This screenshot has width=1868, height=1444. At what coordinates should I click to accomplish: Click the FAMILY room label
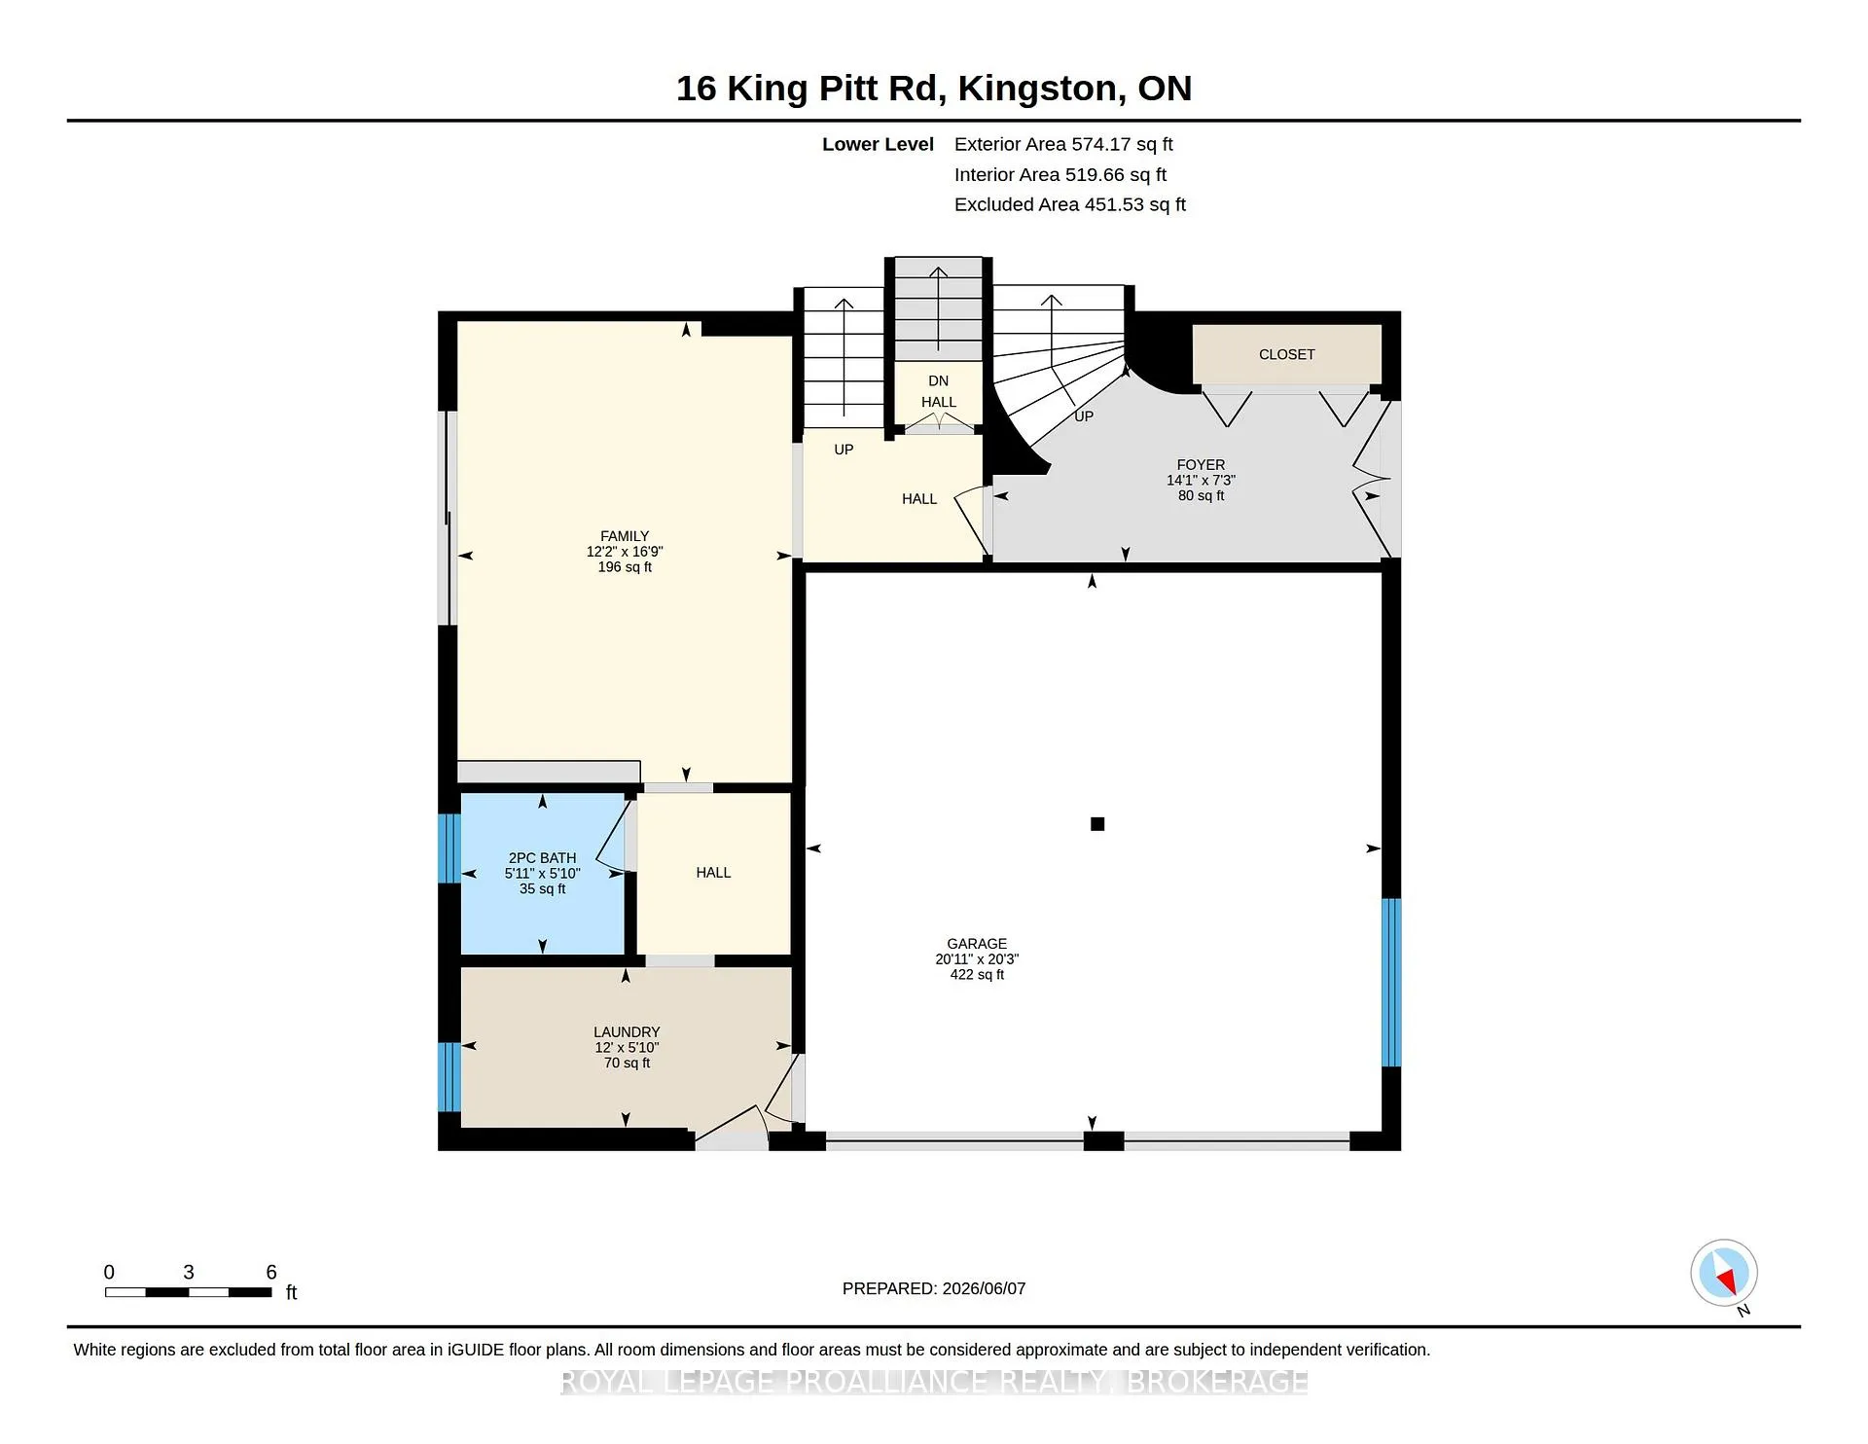(x=625, y=536)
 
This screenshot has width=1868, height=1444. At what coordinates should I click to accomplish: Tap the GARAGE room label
(x=977, y=944)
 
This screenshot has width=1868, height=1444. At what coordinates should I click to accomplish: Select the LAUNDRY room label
(x=627, y=1032)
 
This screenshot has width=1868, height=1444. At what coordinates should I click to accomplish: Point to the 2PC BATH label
(x=542, y=858)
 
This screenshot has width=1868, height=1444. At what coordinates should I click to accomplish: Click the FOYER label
(x=1201, y=465)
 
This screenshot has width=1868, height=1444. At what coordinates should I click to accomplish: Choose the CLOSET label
(x=1286, y=354)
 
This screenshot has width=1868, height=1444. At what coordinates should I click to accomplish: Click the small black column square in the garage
(x=1097, y=824)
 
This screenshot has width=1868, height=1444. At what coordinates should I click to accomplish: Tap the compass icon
(x=1724, y=1274)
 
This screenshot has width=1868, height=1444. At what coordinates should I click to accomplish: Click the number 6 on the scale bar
(x=271, y=1272)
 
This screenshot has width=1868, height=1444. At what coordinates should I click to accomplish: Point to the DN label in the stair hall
(x=938, y=380)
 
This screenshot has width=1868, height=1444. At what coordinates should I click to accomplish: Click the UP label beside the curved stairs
(x=1084, y=416)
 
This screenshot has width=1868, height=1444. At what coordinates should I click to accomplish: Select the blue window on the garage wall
(x=1391, y=983)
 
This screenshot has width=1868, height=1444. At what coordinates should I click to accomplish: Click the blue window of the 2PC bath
(x=449, y=848)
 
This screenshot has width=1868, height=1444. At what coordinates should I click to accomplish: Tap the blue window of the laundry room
(x=449, y=1077)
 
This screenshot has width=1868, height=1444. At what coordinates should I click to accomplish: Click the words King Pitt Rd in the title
(x=836, y=89)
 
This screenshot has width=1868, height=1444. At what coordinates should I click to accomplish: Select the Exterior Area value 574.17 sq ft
(x=1122, y=144)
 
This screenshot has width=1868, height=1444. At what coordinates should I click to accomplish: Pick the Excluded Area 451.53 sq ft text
(x=1070, y=204)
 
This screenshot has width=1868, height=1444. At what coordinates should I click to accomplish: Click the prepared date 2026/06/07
(x=984, y=1288)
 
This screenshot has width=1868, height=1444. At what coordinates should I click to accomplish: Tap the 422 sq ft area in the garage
(x=977, y=974)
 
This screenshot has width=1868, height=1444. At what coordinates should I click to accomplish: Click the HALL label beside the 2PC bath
(x=713, y=873)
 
